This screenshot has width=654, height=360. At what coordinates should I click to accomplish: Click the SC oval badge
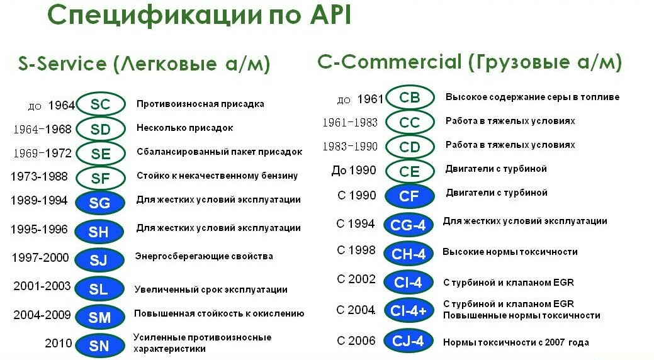(x=101, y=104)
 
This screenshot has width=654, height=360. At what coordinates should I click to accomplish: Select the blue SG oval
(x=99, y=203)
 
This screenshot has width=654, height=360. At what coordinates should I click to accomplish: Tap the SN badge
(x=99, y=346)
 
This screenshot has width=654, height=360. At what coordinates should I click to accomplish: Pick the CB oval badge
(x=410, y=97)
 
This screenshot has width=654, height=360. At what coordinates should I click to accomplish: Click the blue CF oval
(x=409, y=196)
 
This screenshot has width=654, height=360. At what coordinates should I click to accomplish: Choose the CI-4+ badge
(x=409, y=310)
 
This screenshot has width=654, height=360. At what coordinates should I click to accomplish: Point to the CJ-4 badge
(x=409, y=341)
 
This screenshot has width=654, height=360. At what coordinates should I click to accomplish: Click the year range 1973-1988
(x=39, y=176)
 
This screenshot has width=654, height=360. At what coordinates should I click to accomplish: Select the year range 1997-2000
(x=40, y=257)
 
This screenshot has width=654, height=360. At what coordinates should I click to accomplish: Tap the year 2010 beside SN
(x=59, y=343)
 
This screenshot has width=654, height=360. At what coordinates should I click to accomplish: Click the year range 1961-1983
(x=350, y=122)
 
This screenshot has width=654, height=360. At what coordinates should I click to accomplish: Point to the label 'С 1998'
(x=356, y=250)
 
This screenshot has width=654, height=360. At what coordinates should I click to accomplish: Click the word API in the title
(x=330, y=16)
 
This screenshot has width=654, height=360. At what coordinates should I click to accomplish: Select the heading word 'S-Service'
(x=62, y=64)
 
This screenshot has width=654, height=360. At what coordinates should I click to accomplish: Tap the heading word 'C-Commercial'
(x=390, y=62)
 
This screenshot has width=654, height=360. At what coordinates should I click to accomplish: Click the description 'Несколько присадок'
(x=185, y=128)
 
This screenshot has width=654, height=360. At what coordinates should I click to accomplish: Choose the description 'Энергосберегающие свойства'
(x=204, y=256)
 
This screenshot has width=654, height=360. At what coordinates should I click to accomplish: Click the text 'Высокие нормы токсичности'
(x=510, y=252)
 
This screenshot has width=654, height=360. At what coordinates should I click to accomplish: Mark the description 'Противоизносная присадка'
(x=200, y=104)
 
